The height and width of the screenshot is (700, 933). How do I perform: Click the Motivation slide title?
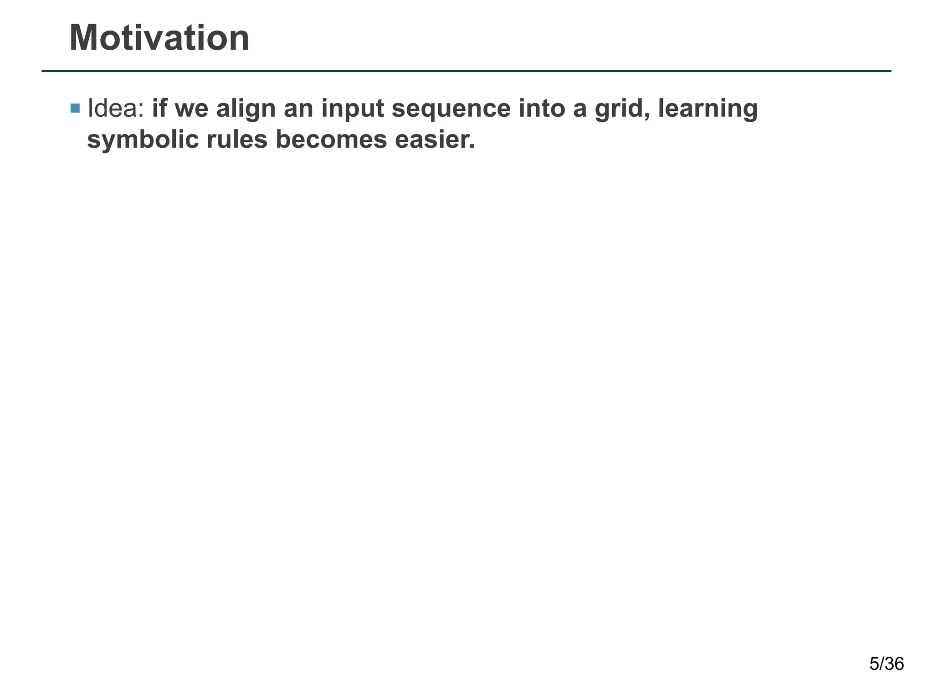pyautogui.click(x=159, y=38)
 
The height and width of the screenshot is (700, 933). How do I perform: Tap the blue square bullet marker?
pyautogui.click(x=75, y=108)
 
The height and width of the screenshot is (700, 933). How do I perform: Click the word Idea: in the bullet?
pyautogui.click(x=116, y=108)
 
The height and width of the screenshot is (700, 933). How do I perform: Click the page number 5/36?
pyautogui.click(x=887, y=664)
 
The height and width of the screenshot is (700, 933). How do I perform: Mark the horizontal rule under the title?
pyautogui.click(x=466, y=71)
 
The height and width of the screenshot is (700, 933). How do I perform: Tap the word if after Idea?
pyautogui.click(x=159, y=108)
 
